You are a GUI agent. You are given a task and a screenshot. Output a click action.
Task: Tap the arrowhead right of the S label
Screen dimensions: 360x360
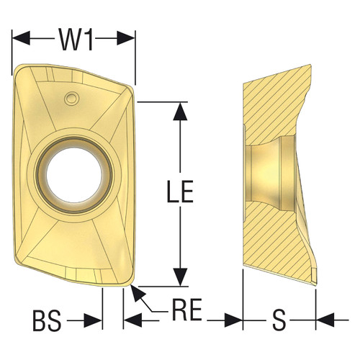(x=323, y=318)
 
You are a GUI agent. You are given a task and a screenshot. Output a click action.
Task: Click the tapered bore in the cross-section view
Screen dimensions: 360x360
(x=266, y=172)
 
